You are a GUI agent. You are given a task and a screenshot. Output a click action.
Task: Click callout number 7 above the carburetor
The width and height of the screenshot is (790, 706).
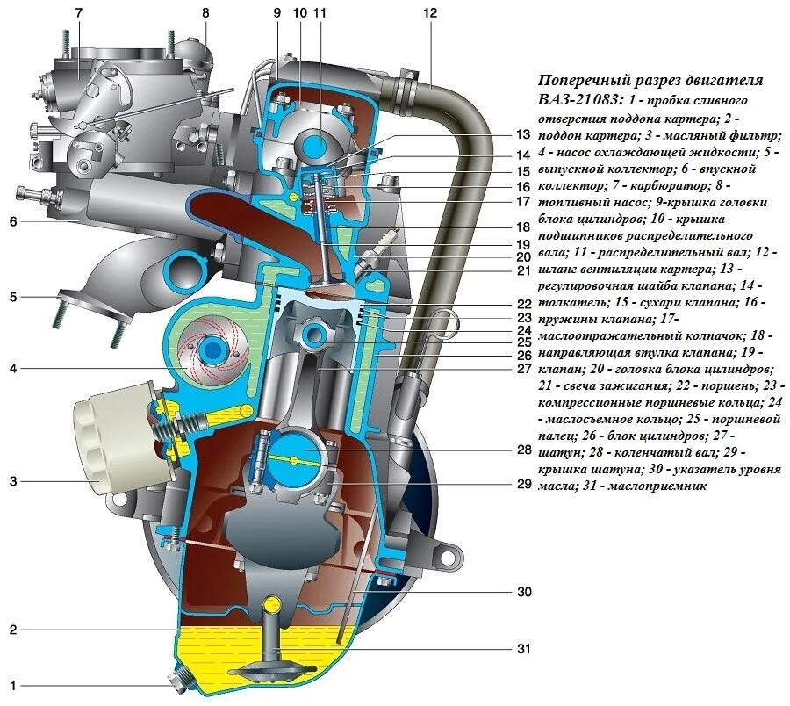click(x=78, y=13)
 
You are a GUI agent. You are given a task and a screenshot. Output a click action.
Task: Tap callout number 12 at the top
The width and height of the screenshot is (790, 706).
click(x=429, y=13)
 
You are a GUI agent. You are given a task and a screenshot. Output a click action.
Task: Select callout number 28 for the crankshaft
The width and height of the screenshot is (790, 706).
click(x=524, y=450)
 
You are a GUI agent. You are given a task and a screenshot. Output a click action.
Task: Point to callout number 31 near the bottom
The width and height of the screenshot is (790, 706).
click(x=524, y=649)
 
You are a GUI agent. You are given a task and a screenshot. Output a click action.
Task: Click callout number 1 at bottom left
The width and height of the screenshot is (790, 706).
click(x=12, y=684)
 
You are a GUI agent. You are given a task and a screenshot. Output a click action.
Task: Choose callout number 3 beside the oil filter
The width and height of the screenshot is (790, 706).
click(x=12, y=480)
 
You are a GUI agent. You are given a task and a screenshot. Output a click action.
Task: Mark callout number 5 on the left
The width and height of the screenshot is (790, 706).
click(x=12, y=297)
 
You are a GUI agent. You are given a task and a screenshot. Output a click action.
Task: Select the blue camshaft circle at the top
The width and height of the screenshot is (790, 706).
click(x=315, y=142)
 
